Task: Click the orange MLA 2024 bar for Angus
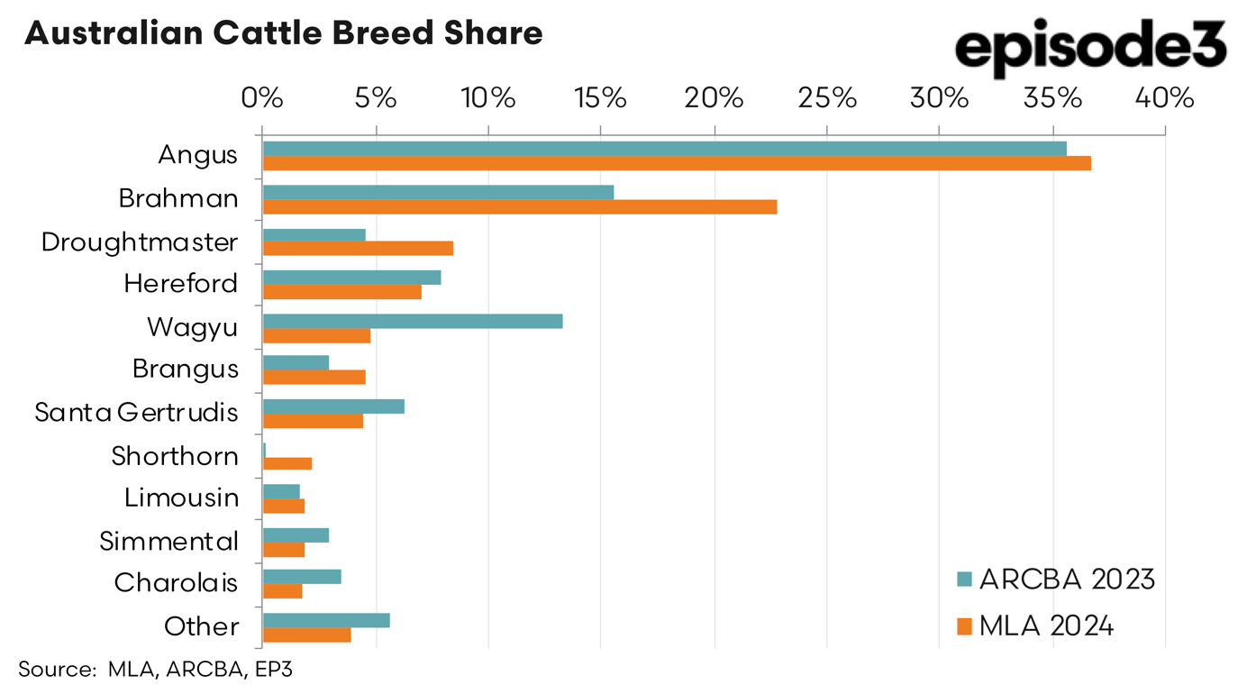coord(676,163)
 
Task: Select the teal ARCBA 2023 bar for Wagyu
coord(412,321)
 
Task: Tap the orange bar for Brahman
coord(519,206)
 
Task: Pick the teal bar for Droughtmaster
coord(314,235)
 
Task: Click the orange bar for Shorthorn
coord(287,463)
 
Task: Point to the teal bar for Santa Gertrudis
coord(333,406)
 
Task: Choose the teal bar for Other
coord(325,620)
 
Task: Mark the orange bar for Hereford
coord(341,292)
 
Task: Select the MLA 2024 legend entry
coord(1035,626)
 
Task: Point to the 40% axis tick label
coord(1165,97)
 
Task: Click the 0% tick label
coord(262,97)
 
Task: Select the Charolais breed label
coord(176,583)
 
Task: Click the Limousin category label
coord(182,498)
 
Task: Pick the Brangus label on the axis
coord(186,369)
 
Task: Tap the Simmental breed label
coord(169,541)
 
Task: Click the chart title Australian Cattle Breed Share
coord(283,33)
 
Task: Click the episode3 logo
coord(1090,47)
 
